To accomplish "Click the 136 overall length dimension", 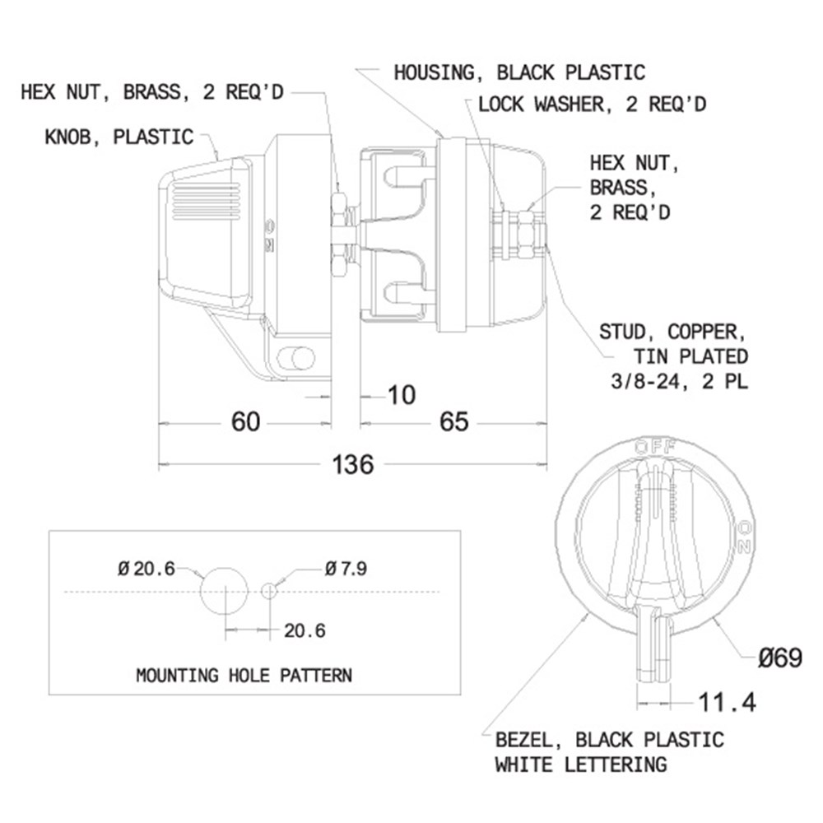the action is click(353, 464).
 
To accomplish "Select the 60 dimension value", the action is click(245, 421).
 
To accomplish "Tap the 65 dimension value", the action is click(454, 421).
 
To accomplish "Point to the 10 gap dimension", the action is click(402, 395).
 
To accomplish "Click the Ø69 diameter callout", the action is click(780, 658).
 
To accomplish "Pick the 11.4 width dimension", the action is click(727, 702).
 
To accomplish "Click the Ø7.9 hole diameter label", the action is click(346, 569).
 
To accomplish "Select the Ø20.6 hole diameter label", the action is click(146, 569).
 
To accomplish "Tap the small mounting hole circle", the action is click(269, 591).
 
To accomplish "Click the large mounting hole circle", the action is click(224, 591).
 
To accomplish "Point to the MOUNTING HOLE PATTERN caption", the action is click(244, 675).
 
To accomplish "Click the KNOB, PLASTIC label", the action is click(119, 137).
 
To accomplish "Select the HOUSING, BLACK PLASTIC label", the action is click(519, 72).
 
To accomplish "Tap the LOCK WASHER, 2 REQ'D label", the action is click(592, 105).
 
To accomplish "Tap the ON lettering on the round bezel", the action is click(744, 537).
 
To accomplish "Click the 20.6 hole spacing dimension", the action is click(305, 630).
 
